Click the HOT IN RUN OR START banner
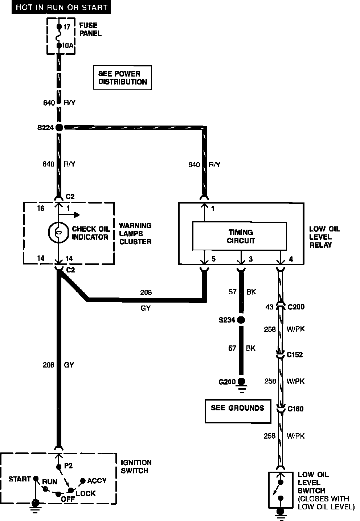coord(61,7)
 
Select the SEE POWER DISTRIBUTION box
coord(122,78)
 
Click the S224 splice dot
coord(58,127)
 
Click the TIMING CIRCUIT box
coord(241,236)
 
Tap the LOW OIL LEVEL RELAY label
coord(324,237)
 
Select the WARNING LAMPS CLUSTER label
coord(135,233)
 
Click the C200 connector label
coord(296,307)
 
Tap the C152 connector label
coord(295,354)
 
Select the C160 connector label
coord(295,409)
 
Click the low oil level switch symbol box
coord(281,490)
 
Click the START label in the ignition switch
coord(20,479)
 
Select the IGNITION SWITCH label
coord(136,467)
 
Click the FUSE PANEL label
coord(90,29)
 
